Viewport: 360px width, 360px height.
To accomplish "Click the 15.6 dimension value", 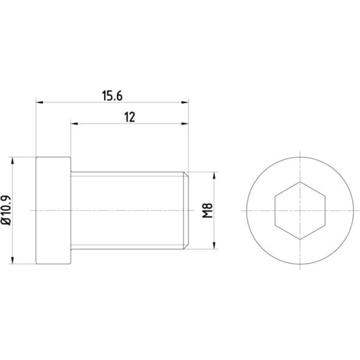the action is (x=112, y=96).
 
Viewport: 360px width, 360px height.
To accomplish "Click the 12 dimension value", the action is (x=130, y=117).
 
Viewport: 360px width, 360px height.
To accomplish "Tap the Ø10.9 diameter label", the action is (x=6, y=210).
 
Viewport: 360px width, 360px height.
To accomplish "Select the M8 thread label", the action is (x=208, y=210).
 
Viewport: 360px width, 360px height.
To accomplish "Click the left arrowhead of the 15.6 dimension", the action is (x=40, y=102).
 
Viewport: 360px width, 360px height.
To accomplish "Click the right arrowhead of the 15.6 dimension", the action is (x=185, y=102).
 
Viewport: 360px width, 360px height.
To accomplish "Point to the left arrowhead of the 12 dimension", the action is (x=75, y=124).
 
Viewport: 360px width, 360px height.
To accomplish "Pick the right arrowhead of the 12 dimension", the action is (x=185, y=124).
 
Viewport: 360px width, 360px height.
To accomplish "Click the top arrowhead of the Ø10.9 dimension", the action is (x=13, y=161).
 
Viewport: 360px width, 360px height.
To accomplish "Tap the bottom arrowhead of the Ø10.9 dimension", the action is (x=13, y=260).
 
